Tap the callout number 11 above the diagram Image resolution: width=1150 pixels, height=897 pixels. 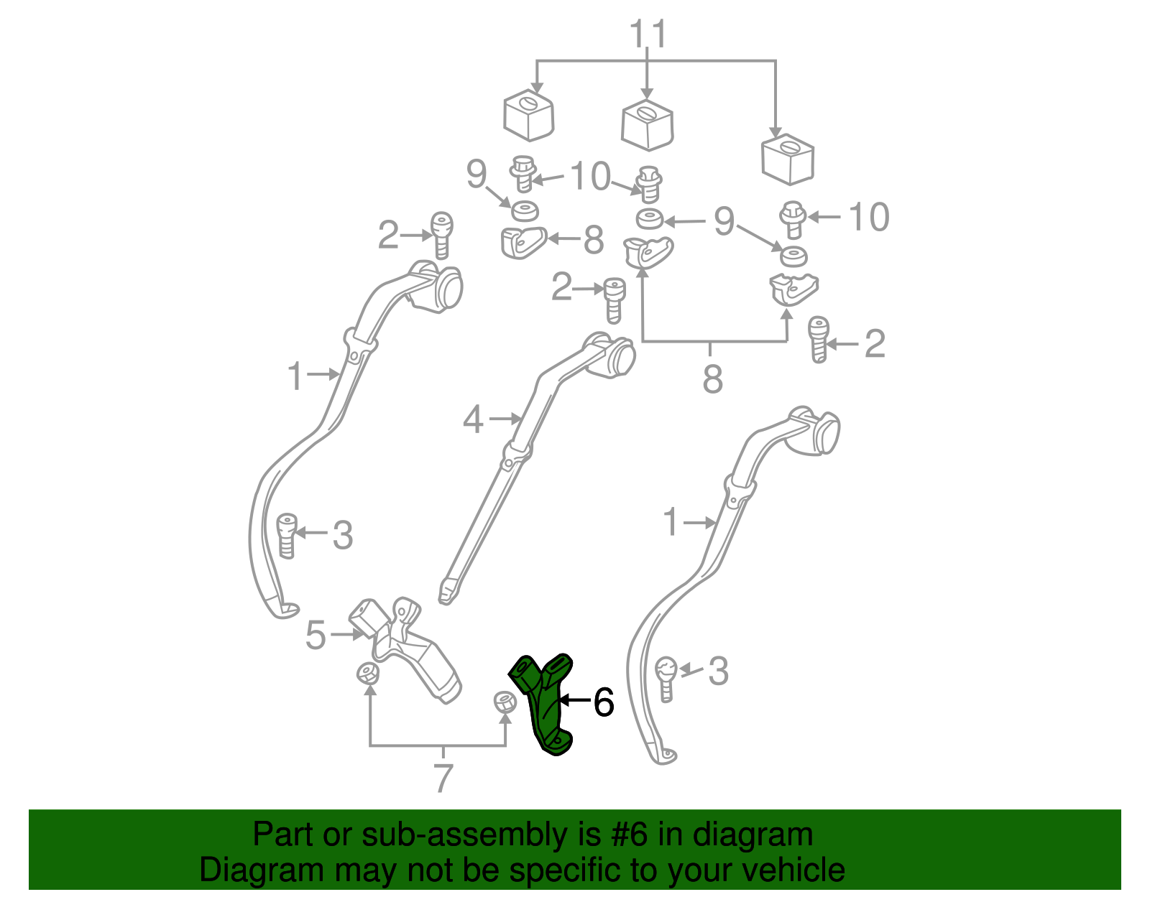[648, 34]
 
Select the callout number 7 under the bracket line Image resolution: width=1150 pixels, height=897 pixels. [443, 778]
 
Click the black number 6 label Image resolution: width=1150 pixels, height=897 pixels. [603, 702]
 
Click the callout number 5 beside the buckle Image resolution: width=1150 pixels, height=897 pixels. [316, 635]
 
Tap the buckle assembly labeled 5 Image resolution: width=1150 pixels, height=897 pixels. [405, 650]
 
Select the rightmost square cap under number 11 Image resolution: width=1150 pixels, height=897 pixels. [788, 159]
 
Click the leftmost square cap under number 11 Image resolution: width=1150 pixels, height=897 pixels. [529, 116]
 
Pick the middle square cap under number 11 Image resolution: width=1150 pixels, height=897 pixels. [648, 125]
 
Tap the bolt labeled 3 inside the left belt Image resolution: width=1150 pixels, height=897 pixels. [286, 536]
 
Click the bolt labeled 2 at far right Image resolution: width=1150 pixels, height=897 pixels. [818, 340]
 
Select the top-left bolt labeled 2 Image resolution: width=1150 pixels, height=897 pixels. [441, 236]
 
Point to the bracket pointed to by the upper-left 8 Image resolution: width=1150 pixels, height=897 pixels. [523, 242]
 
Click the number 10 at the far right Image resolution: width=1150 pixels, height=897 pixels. [869, 217]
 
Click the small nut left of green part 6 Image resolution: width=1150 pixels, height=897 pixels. [505, 702]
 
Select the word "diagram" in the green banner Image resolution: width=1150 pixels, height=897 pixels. [753, 835]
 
